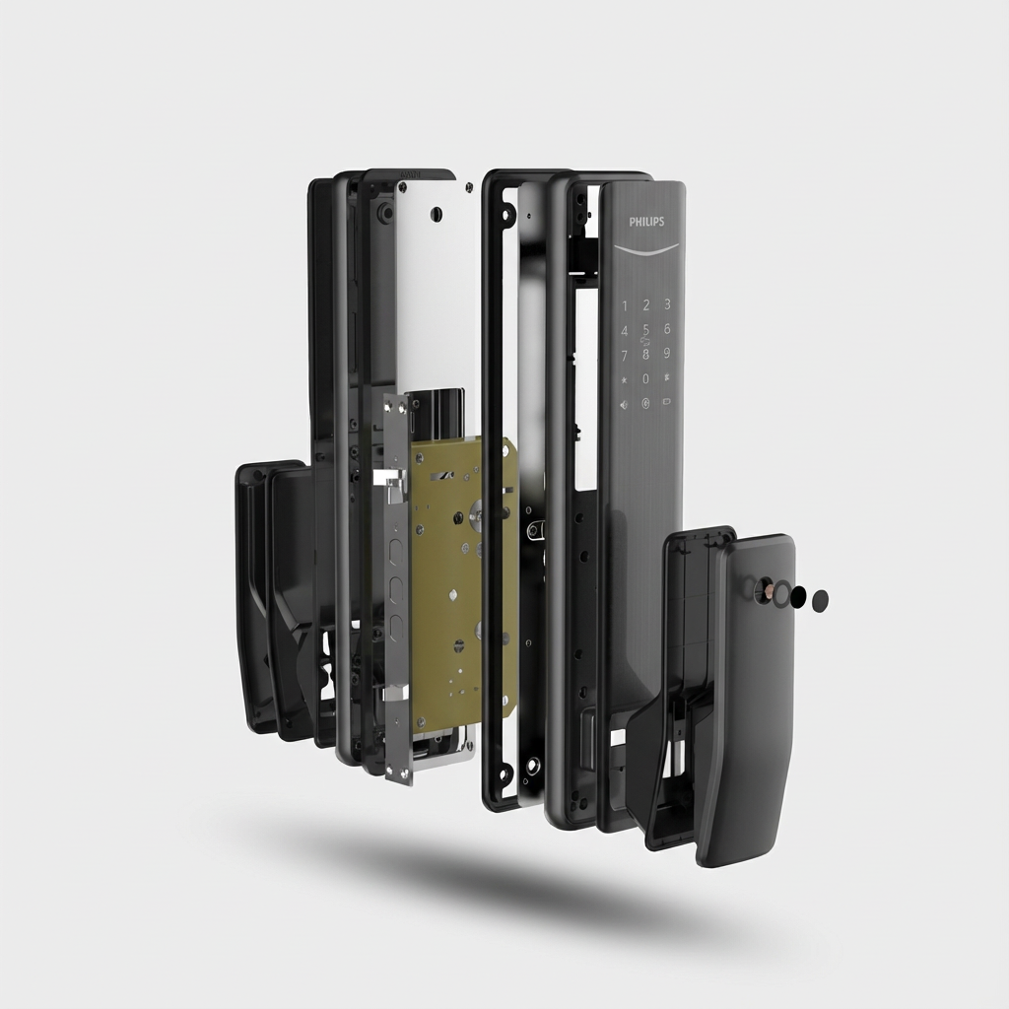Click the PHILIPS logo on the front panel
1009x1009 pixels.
tap(646, 222)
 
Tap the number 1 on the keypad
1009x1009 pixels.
tap(624, 305)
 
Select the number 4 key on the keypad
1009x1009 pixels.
tap(624, 330)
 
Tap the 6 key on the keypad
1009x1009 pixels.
tap(667, 329)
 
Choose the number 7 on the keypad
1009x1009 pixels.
tap(624, 354)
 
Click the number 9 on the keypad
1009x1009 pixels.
tap(667, 353)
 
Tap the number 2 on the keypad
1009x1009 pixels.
tap(646, 305)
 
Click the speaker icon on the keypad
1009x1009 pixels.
tap(624, 403)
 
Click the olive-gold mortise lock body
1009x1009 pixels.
tap(458, 581)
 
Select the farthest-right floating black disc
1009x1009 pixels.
tap(820, 600)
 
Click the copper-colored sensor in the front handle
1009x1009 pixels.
tap(764, 591)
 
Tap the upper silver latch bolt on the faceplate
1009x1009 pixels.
tap(390, 480)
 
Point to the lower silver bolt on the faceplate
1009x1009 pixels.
tap(394, 693)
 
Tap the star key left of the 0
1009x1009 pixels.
tap(624, 378)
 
